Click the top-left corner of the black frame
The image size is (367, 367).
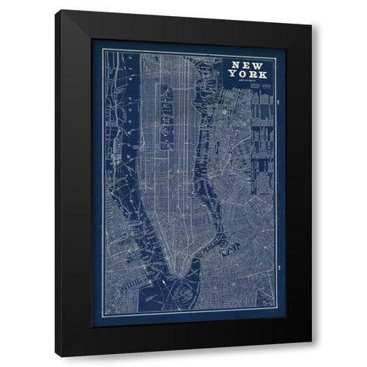pos(61,11)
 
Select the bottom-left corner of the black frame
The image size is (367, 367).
pos(61,357)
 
